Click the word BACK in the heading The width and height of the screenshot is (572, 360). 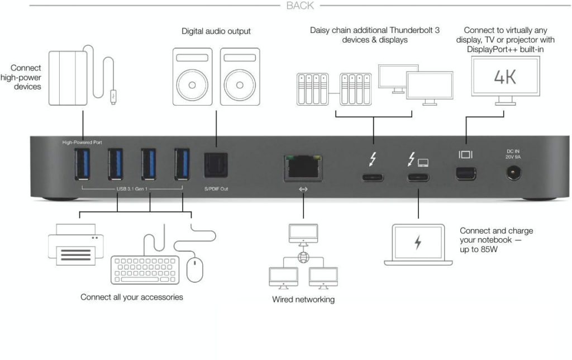[x=300, y=6]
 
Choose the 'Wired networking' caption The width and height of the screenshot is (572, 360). [x=303, y=299]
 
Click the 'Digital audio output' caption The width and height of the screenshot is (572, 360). [x=216, y=31]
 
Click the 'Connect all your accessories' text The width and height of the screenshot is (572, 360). [x=132, y=297]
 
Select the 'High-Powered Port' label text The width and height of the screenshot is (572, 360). [x=82, y=143]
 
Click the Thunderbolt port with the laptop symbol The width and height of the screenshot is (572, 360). [x=418, y=178]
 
